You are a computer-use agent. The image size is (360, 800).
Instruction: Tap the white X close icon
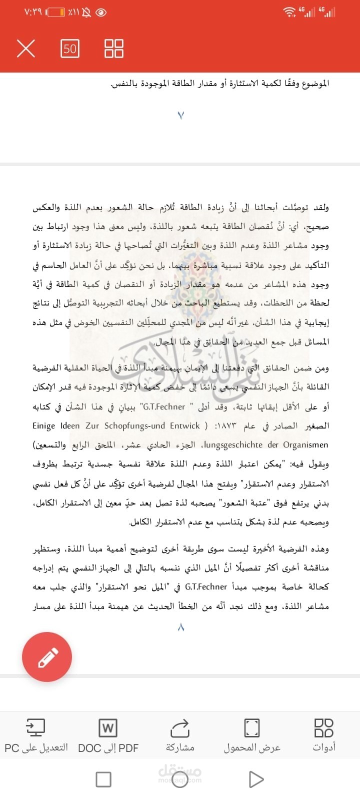pos(26,48)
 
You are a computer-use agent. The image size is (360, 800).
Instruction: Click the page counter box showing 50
pos(70,48)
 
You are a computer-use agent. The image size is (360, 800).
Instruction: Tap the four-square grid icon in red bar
pos(113,48)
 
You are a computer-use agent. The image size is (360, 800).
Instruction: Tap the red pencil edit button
pos(47,656)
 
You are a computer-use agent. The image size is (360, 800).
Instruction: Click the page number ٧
pos(180,115)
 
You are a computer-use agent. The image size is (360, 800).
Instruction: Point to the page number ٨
pos(180,627)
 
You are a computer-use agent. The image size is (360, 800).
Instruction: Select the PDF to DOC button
pos(108,735)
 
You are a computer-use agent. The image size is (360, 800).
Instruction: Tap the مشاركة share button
pos(180,735)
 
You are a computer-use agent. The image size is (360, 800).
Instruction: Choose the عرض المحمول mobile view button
pos(252,735)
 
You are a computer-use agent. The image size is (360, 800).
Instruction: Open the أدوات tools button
pos(324,735)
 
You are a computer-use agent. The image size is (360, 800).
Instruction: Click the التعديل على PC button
pos(36,735)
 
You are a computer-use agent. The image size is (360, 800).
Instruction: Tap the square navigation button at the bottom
pos(103,779)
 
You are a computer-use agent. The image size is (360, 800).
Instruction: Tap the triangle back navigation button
pos(256,779)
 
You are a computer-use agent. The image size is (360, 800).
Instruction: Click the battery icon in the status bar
pos(56,12)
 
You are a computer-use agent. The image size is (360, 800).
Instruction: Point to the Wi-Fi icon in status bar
pos(289,12)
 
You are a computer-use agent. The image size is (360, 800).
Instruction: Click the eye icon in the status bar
pos(101,12)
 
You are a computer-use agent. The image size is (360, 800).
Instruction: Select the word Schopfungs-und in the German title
pos(135,426)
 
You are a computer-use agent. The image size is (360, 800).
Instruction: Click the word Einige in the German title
pos(44,426)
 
